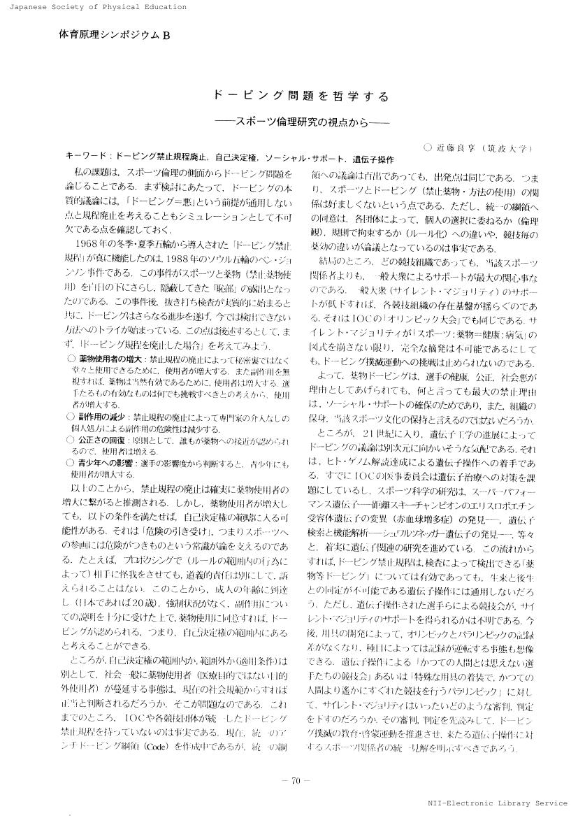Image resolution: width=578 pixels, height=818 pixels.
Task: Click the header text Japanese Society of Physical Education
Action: coord(94,7)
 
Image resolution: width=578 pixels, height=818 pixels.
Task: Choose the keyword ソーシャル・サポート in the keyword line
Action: coord(305,159)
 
